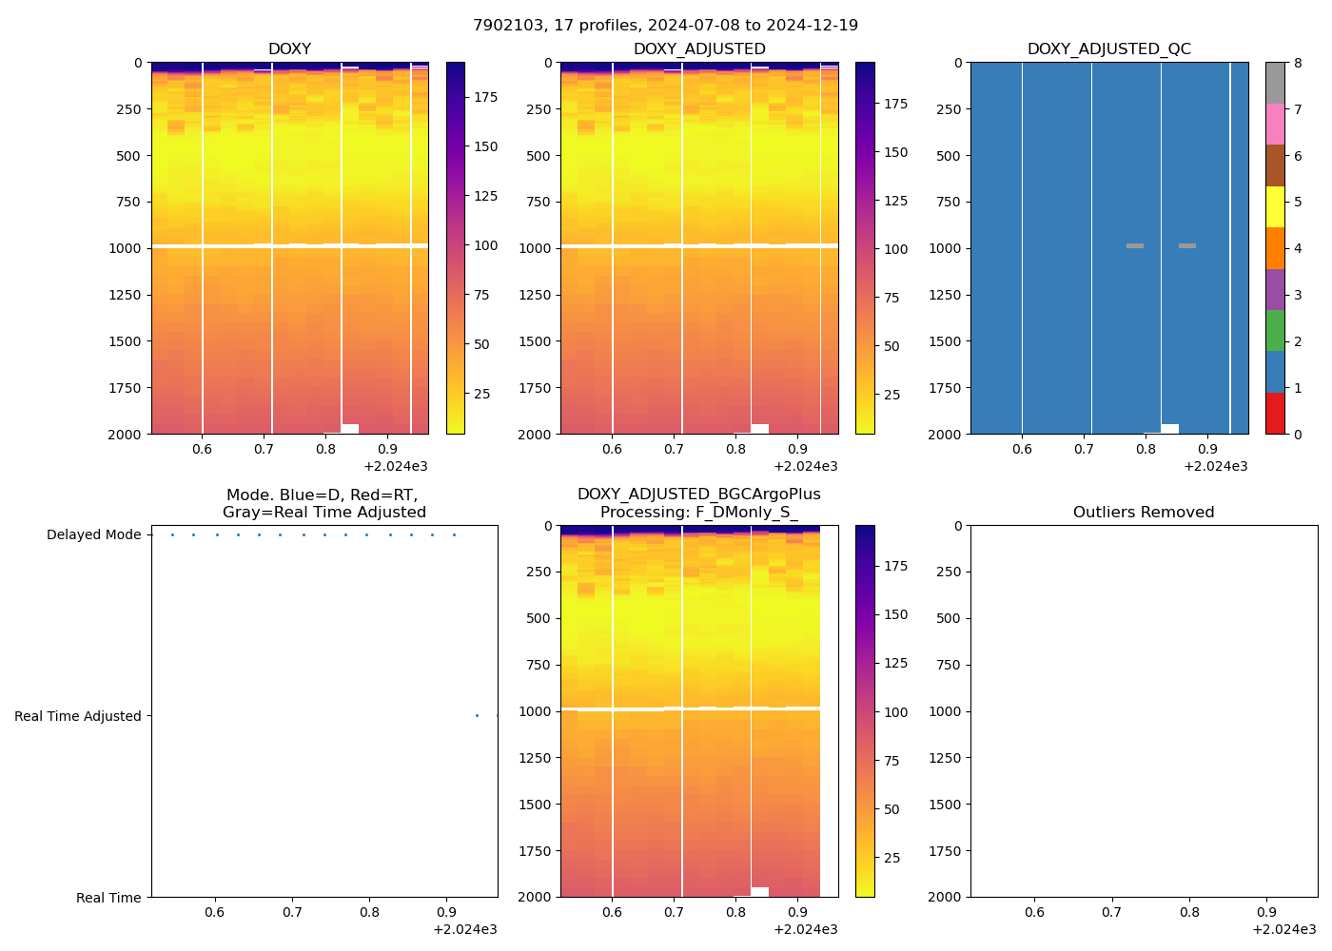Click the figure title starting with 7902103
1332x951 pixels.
[665, 26]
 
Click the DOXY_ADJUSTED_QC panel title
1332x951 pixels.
[1108, 49]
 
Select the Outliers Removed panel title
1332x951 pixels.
[1144, 513]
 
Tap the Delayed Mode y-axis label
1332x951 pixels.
[93, 535]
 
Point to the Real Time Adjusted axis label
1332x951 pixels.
[78, 717]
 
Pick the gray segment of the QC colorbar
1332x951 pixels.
[1275, 83]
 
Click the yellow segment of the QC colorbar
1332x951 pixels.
[1275, 207]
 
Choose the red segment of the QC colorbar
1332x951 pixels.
[1275, 414]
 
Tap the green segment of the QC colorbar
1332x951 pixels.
[1275, 331]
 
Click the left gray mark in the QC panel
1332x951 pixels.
[1135, 246]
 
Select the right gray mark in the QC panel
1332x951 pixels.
[1187, 246]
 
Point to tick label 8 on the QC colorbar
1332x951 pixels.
[1297, 64]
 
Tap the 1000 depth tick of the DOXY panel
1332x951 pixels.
[126, 248]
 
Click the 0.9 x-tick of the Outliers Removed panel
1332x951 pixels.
[1267, 912]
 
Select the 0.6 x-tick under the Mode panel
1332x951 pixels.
[215, 912]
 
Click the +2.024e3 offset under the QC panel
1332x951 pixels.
[1215, 467]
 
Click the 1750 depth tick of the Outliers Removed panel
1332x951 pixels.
[945, 851]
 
